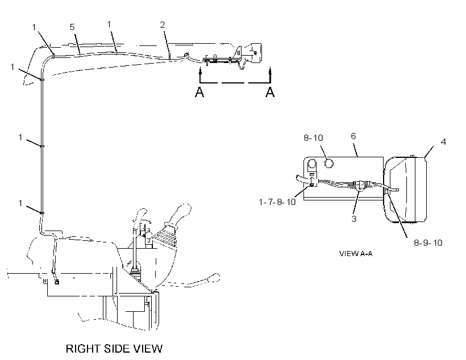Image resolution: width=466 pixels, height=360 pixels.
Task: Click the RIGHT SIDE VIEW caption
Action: pos(114,349)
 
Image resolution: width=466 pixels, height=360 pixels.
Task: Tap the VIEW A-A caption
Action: pos(356,253)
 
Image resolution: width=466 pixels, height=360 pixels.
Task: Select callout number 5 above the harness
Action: pos(72,27)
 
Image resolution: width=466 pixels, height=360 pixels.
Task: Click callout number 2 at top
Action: pos(163,24)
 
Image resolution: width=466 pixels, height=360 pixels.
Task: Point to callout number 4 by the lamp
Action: pos(443,142)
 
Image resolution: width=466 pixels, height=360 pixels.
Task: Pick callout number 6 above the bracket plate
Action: pos(353,136)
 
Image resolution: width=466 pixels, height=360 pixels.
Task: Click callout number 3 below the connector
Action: pos(353,219)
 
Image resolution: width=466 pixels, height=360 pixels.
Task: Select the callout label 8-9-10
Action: pos(428,243)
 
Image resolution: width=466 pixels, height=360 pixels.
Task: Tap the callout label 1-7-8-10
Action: pos(277,202)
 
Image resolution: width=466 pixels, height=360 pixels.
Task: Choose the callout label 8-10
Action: pos(313,138)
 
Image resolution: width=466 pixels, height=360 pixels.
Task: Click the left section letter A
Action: pos(199,92)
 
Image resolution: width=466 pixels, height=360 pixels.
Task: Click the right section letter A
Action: pos(270,92)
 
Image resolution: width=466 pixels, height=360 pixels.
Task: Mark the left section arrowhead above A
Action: pos(200,70)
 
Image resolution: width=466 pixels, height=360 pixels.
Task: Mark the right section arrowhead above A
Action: pos(270,70)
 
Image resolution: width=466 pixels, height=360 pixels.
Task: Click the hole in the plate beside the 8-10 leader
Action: pos(328,163)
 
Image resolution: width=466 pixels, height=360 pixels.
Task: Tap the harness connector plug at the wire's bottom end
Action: pos(56,282)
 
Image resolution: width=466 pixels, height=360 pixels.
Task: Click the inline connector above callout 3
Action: pos(360,185)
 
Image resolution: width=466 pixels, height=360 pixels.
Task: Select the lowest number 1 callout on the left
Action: pos(20,203)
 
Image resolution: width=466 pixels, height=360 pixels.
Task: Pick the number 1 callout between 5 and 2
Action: pos(109,24)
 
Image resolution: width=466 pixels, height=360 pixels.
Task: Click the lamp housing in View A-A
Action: pos(406,190)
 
